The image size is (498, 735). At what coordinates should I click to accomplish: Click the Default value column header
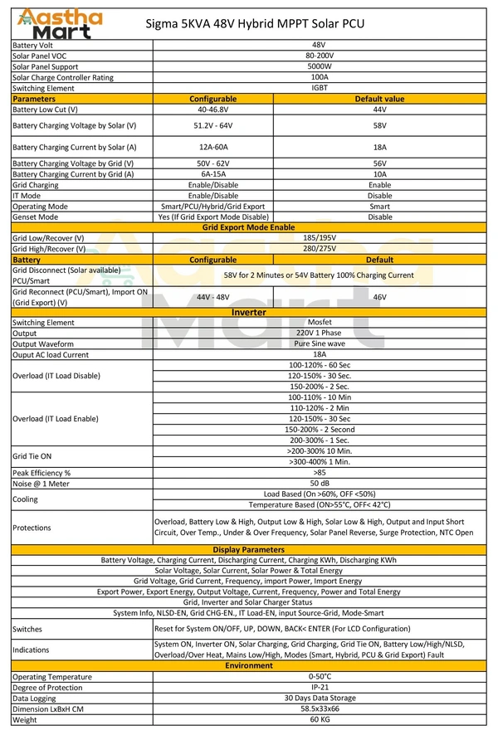click(x=379, y=99)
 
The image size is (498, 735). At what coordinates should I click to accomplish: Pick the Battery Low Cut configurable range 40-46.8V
click(x=213, y=110)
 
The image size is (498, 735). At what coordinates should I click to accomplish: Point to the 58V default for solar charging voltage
click(x=379, y=125)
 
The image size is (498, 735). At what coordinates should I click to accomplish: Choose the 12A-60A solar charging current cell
click(x=213, y=147)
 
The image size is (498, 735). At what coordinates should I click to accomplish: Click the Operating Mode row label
click(x=41, y=206)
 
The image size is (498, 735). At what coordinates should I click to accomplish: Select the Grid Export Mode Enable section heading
click(x=249, y=227)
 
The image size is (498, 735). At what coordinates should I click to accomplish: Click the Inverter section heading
click(x=249, y=312)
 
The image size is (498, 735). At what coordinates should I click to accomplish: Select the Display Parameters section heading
click(x=249, y=549)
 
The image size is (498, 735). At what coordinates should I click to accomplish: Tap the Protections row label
click(x=32, y=528)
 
